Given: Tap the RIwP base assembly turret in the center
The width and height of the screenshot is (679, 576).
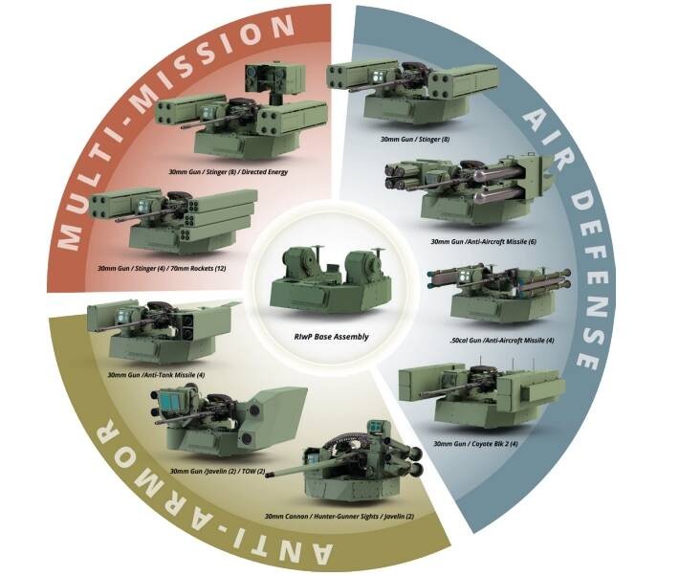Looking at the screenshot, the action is click(x=330, y=280).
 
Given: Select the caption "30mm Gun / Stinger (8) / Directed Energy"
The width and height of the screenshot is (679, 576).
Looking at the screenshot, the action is click(x=229, y=172).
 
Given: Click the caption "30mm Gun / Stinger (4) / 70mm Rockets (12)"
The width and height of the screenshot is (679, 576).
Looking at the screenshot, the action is click(x=162, y=268).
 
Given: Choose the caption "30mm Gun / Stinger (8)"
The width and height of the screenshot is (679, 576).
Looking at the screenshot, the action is click(x=415, y=140).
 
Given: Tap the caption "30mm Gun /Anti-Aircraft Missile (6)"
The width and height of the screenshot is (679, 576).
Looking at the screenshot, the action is click(x=483, y=241).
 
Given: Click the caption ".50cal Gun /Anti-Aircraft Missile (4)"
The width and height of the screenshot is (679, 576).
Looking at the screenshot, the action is click(x=501, y=341).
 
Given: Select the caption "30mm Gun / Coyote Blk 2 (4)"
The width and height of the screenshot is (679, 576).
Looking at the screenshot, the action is click(x=475, y=444).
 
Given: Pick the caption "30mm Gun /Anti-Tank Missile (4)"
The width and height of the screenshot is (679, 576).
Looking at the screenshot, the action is click(x=156, y=374).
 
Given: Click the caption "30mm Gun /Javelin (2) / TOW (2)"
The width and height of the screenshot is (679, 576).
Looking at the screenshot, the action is click(x=217, y=471).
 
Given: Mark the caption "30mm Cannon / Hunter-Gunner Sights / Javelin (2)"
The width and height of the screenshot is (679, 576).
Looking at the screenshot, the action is click(x=339, y=517).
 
